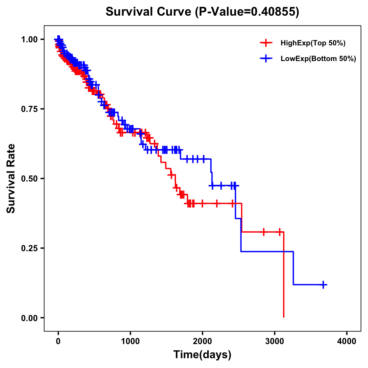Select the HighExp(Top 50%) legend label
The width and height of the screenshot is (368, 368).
coord(313,43)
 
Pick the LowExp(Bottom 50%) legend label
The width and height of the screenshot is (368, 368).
coord(318,59)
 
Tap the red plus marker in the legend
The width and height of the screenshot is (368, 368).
coord(266,43)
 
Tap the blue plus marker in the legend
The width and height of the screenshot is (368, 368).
coord(266,59)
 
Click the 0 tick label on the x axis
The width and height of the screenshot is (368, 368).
coord(58,341)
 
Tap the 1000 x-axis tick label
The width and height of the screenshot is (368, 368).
coord(130,341)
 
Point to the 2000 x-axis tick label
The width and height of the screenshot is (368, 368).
coord(202,341)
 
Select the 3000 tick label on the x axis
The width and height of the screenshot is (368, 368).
coord(275,341)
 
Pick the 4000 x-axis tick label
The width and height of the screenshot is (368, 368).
coord(347,341)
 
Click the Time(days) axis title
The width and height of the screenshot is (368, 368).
coord(202,355)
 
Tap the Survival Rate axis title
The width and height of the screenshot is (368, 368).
coord(11,178)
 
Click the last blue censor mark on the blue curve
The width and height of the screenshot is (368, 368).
coord(323,285)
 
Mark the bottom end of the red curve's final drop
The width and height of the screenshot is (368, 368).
coord(284,317)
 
